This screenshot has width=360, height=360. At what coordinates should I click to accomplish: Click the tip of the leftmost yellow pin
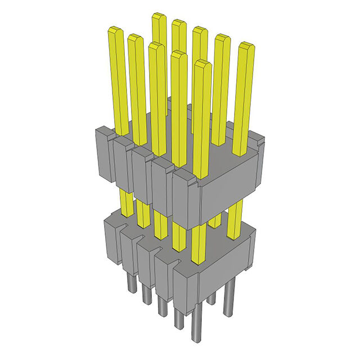click(115, 30)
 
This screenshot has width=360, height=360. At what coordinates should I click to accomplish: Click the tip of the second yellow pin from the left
click(136, 38)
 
